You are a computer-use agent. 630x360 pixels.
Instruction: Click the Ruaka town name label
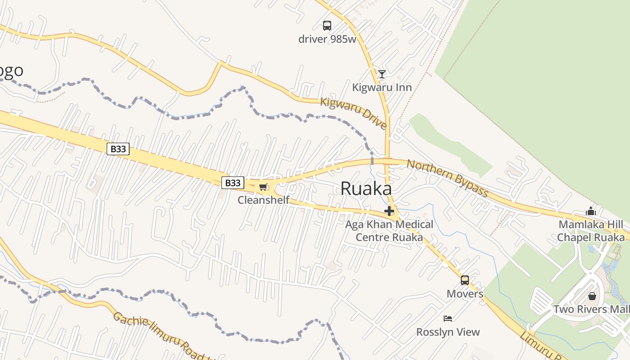[x=366, y=189]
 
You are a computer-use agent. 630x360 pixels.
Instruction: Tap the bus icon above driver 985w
[x=327, y=26]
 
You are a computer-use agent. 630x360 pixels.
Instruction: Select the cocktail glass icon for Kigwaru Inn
[x=382, y=74]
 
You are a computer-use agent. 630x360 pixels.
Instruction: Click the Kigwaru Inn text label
[x=382, y=87]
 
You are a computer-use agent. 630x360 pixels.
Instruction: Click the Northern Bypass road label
[x=447, y=178]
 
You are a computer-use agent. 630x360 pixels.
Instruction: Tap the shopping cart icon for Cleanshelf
[x=263, y=187]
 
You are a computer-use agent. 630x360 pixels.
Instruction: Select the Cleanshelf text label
[x=263, y=200]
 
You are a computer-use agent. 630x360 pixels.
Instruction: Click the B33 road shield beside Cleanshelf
[x=233, y=183]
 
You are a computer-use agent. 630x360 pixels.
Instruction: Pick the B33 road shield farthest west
[x=118, y=148]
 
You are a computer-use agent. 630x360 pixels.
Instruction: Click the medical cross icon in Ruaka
[x=389, y=211]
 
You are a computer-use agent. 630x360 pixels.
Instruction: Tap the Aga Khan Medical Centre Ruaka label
[x=389, y=230]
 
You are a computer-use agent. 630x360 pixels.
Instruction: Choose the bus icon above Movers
[x=465, y=280]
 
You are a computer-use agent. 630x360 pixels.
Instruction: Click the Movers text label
[x=465, y=294]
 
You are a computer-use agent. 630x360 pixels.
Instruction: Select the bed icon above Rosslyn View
[x=448, y=319]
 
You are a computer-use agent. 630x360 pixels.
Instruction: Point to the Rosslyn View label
[x=448, y=332]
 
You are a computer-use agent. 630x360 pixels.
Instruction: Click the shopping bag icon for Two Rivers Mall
[x=592, y=296]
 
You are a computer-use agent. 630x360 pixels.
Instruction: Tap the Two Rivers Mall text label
[x=591, y=310]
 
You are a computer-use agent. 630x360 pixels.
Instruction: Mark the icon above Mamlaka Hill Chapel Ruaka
[x=591, y=211]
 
